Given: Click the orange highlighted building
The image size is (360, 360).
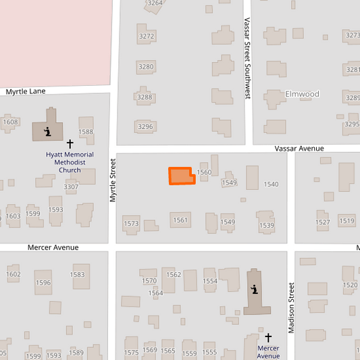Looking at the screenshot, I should point(181,176).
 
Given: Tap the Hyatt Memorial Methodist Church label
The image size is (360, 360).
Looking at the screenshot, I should point(70,162).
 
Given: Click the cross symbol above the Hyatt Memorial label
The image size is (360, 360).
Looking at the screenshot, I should point(70,144).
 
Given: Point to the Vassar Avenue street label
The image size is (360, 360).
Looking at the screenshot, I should point(299,148).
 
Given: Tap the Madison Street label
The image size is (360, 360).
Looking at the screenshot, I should point(292,308).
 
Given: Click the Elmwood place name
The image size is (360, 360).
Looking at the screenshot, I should point(302,94).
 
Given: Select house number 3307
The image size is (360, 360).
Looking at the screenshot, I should point(71,186).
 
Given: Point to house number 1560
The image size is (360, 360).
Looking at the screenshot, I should point(204,172).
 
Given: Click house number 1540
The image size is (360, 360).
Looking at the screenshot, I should point(271,184).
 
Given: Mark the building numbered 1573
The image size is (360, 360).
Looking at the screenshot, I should point(131,224).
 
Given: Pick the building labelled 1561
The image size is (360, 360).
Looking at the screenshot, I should point(180,220).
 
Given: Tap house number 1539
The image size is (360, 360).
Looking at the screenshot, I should point(267,225).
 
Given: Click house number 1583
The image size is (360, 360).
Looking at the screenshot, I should point(78,274).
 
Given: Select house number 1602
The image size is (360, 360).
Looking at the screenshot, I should point(14,274).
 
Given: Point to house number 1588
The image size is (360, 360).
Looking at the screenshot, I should point(86,132).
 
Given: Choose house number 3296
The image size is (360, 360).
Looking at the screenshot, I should point(145,126).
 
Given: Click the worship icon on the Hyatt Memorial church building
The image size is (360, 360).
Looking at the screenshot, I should point(47,131).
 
